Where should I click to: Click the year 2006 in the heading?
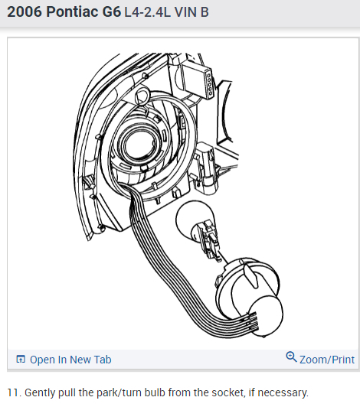point(25,12)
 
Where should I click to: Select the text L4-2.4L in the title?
point(147,12)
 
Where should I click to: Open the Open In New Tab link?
point(70,360)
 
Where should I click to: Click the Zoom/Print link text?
point(327,360)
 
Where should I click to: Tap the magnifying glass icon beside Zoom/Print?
point(291,357)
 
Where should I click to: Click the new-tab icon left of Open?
point(21,360)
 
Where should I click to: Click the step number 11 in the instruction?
point(13,392)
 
